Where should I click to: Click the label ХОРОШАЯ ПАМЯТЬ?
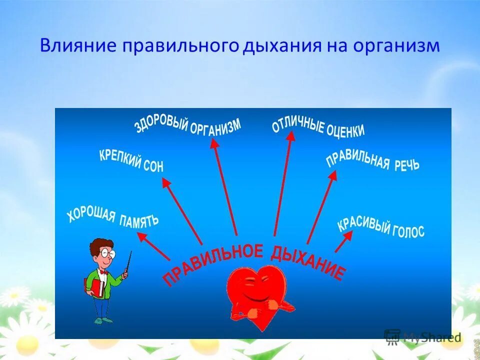pos(113,217)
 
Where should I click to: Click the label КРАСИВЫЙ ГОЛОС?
pos(381,228)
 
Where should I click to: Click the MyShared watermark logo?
pos(422,336)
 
